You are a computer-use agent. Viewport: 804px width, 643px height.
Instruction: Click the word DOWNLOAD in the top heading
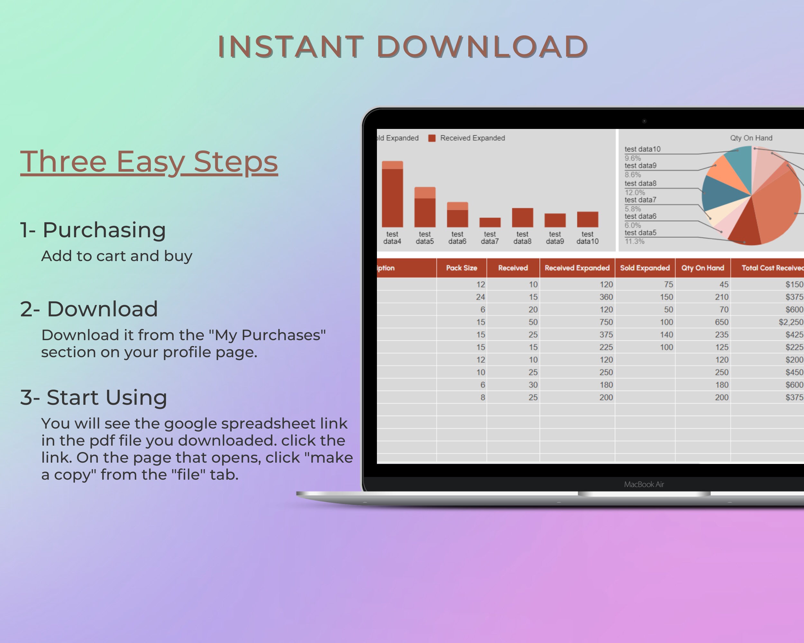click(x=482, y=47)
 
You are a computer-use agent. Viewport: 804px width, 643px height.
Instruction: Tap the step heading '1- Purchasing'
click(x=93, y=230)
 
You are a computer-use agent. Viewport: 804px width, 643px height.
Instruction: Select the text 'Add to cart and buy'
click(x=117, y=256)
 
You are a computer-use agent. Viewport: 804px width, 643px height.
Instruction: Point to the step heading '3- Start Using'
click(x=94, y=397)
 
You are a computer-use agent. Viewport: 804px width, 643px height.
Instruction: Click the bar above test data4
click(x=392, y=194)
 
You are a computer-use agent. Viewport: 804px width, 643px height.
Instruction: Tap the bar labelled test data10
click(x=587, y=220)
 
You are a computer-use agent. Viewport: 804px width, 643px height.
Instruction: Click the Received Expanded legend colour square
click(x=432, y=138)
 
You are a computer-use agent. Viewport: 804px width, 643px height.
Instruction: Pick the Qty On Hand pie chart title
click(x=751, y=138)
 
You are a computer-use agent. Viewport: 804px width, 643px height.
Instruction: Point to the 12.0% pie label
click(x=635, y=192)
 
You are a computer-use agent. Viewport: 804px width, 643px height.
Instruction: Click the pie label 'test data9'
click(x=640, y=166)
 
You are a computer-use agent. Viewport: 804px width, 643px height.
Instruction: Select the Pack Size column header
click(x=462, y=267)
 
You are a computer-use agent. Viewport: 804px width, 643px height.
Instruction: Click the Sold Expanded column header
click(x=645, y=267)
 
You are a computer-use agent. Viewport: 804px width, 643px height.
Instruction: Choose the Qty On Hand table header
click(x=703, y=267)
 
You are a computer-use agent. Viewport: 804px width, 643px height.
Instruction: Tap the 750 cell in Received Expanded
click(x=606, y=322)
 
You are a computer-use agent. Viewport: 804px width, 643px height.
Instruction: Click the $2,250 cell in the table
click(x=790, y=322)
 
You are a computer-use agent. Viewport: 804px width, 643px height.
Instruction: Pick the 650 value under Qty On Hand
click(x=722, y=322)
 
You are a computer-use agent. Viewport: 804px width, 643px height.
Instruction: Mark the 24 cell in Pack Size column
click(x=480, y=297)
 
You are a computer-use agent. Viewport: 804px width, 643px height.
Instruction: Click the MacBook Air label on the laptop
click(x=644, y=484)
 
